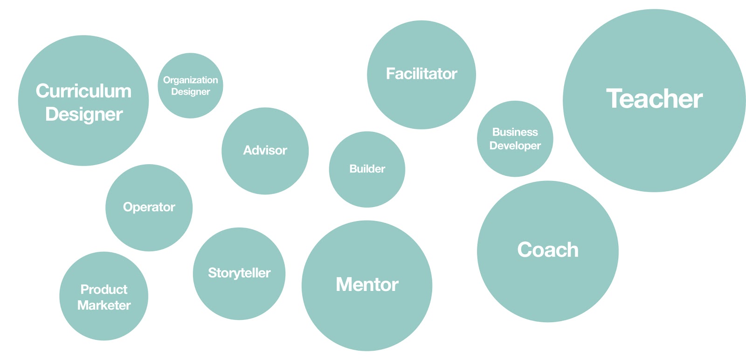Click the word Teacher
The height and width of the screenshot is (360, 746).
coord(655,98)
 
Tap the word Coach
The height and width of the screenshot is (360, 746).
coord(548,250)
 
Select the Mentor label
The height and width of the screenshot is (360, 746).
coord(367,284)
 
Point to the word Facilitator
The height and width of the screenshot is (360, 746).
coord(421,74)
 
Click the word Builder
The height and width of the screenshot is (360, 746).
coord(367,169)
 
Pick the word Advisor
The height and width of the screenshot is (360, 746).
coord(265,150)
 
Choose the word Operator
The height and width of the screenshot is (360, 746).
coord(149,207)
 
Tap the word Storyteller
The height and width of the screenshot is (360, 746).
coord(239,273)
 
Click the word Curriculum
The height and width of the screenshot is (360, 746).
coord(83,91)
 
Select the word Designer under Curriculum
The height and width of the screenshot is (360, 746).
coord(84,115)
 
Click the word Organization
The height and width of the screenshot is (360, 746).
coord(191,80)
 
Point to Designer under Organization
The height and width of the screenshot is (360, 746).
coord(191,91)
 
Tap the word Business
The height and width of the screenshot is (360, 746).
coord(515,132)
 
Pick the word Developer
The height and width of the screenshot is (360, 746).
coord(515,146)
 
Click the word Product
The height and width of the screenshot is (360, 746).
coord(104,290)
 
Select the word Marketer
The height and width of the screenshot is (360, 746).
coord(104,305)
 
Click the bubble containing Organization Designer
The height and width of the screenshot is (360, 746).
coord(191,86)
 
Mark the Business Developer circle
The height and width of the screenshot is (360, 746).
coord(515,138)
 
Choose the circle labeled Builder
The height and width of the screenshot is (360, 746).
coord(367,169)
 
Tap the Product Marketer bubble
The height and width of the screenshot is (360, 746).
coord(104,296)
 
